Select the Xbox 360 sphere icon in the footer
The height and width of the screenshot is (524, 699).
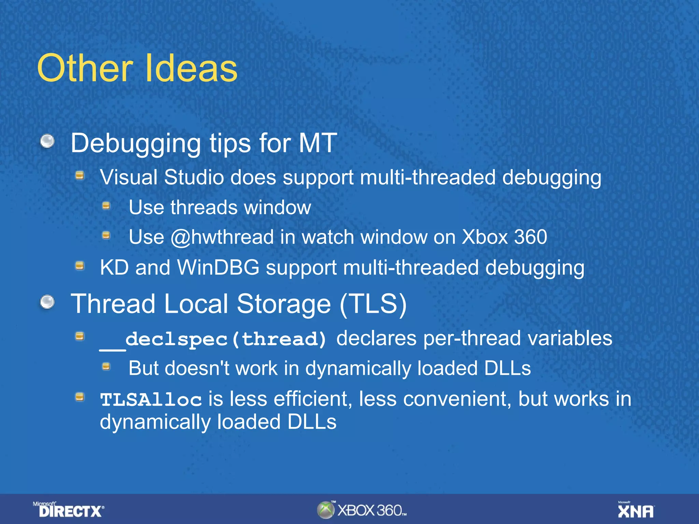326,510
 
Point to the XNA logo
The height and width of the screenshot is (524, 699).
636,510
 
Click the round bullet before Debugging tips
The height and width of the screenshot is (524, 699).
47,141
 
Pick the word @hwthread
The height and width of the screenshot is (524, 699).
222,237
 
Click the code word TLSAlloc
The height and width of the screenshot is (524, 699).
151,399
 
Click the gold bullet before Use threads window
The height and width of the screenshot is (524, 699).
106,206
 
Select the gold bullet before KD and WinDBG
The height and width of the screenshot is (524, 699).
80,265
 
